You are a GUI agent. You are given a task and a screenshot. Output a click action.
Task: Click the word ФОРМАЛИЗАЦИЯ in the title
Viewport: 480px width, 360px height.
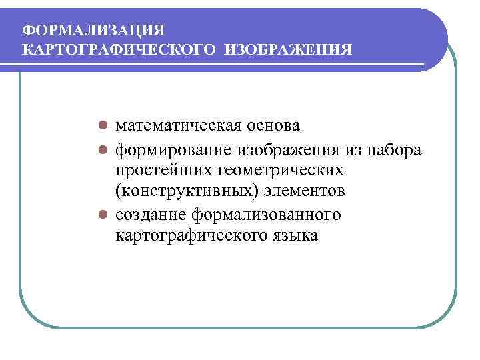point(93,30)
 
